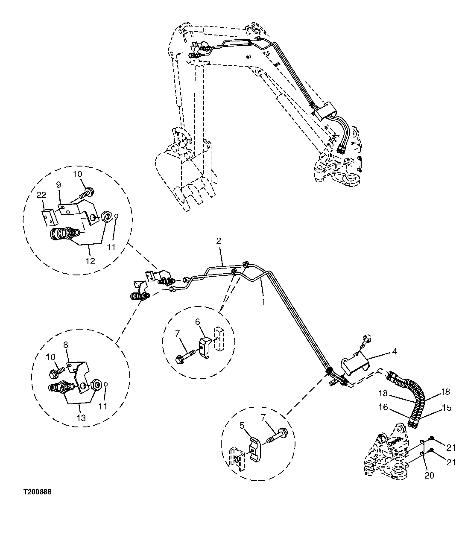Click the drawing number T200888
tap(37, 492)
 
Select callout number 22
tap(41, 195)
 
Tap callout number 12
tap(91, 261)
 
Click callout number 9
tap(59, 185)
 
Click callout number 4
tap(395, 351)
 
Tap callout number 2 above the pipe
tap(218, 241)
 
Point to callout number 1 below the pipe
tap(263, 301)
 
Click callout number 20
tap(429, 475)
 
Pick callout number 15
tap(446, 408)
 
